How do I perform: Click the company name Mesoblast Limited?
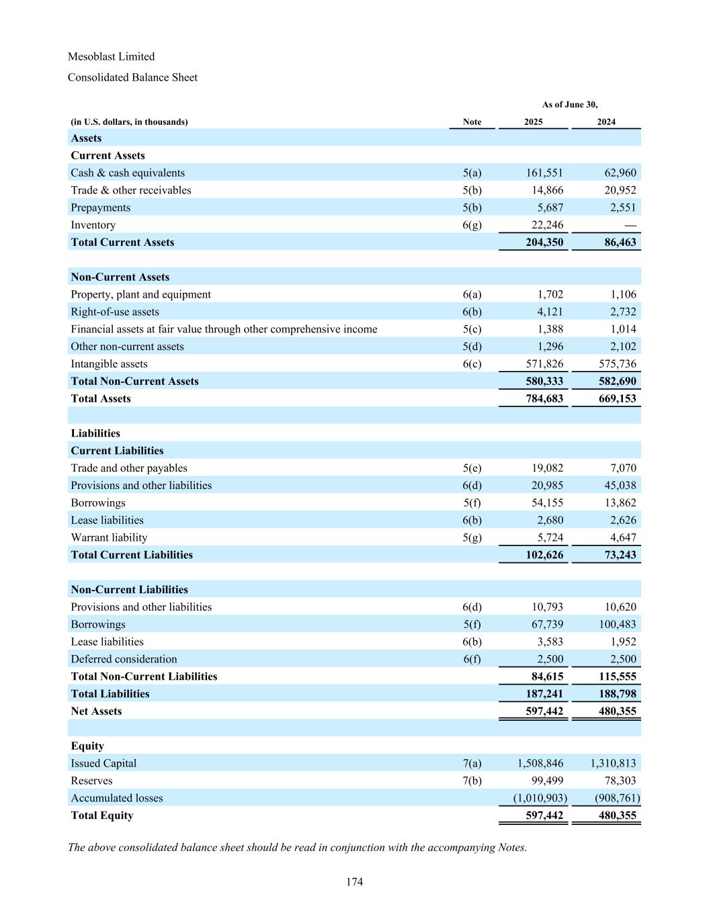(111, 56)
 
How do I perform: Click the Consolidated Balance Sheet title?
(132, 77)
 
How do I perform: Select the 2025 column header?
(534, 122)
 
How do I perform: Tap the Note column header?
(472, 122)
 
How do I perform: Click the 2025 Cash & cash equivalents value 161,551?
(544, 173)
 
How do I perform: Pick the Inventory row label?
(93, 225)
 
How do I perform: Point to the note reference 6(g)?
(472, 225)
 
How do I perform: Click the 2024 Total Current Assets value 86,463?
(620, 243)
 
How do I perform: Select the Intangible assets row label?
(109, 364)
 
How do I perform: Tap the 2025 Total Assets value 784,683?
(544, 398)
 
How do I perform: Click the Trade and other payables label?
(129, 468)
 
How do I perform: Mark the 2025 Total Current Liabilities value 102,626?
(544, 555)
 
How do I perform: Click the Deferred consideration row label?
(124, 659)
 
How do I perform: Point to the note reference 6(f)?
(472, 659)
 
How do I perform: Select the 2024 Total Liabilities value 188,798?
(617, 694)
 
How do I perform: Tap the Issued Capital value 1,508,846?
(540, 763)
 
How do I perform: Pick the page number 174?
(354, 882)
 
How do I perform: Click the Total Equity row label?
(102, 816)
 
